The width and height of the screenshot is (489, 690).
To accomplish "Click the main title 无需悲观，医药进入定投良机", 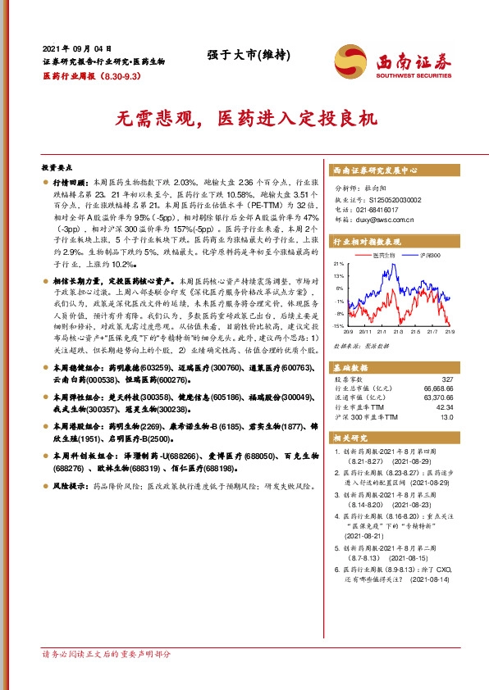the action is tap(245, 118).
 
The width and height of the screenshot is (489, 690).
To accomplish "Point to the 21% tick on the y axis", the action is tap(338, 265).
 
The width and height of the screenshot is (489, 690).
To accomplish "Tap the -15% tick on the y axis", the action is tap(338, 326).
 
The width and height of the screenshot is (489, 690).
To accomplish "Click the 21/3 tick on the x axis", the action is tap(400, 333).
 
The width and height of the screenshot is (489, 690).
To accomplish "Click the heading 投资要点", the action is tap(57, 165).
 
